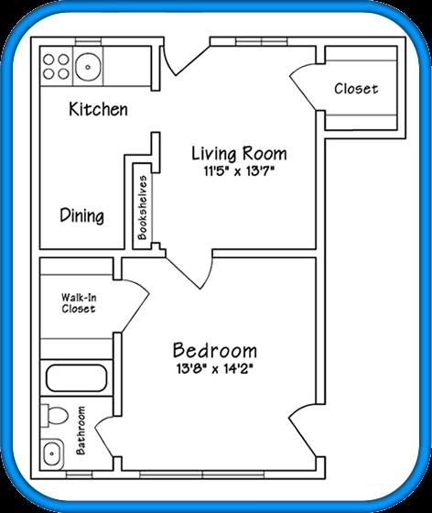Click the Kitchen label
(98, 110)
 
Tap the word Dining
(81, 216)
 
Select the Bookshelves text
(143, 203)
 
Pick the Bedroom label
(214, 351)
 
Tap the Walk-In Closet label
(78, 303)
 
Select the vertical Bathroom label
(81, 430)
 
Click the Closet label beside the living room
(355, 89)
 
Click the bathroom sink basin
(52, 452)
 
